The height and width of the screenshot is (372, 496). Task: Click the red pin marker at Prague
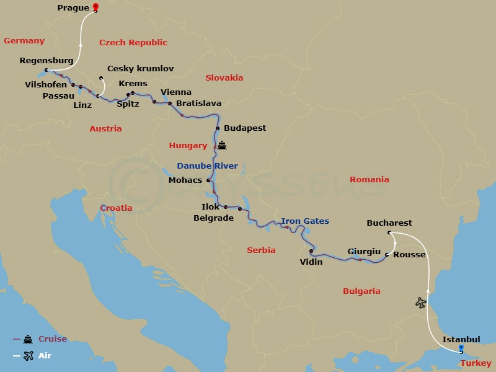[95, 7]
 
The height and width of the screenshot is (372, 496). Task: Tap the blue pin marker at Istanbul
[461, 348]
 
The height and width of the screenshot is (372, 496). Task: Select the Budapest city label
[245, 128]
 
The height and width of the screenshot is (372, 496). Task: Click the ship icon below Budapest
[222, 146]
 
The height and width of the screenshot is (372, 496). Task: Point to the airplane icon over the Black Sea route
[421, 303]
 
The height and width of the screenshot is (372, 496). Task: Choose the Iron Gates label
[305, 221]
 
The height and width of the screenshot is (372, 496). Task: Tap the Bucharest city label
[389, 223]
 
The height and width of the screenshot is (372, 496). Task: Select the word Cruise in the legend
[53, 339]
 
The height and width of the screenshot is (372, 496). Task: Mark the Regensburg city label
[46, 61]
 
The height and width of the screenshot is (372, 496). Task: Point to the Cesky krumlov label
[141, 69]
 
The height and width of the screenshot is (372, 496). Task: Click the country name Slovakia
[224, 78]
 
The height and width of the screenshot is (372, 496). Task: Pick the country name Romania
[370, 180]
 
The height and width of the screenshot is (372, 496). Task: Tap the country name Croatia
[116, 208]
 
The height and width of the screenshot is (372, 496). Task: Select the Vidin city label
[311, 262]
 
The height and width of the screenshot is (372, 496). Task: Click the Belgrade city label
[213, 218]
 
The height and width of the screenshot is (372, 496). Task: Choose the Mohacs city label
[185, 180]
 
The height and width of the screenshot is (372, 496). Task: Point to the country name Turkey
[476, 363]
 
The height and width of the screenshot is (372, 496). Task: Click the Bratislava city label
[199, 104]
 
